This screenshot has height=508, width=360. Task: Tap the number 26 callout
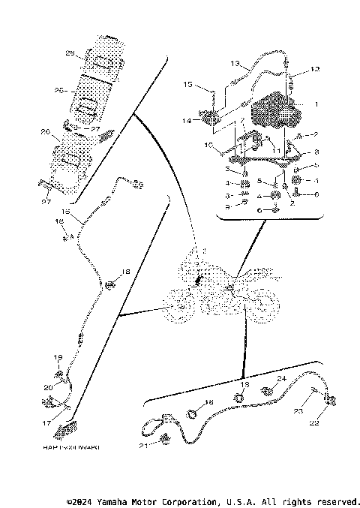click(45, 132)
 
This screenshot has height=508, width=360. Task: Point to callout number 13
click(234, 63)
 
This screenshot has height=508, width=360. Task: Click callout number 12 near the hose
click(315, 69)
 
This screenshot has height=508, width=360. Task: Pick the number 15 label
click(188, 85)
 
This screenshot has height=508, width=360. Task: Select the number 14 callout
click(184, 120)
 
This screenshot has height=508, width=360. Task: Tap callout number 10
click(209, 145)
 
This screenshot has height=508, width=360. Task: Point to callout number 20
click(47, 387)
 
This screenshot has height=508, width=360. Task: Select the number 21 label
click(142, 446)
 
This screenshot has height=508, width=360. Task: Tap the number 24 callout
click(282, 378)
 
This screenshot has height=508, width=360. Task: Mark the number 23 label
click(298, 410)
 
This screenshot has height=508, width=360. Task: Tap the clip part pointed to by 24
click(266, 390)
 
